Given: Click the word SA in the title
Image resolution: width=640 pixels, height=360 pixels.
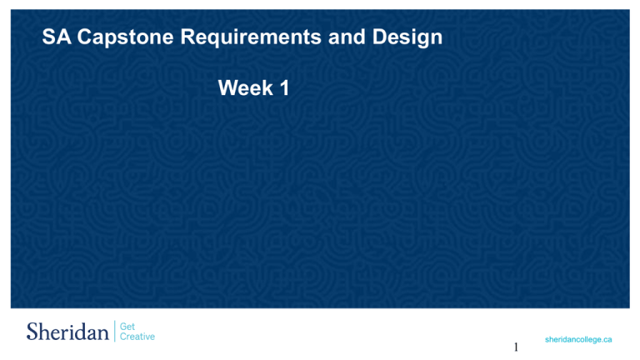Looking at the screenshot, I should click(56, 38).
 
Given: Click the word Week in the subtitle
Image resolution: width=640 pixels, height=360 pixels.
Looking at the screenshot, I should click(244, 87).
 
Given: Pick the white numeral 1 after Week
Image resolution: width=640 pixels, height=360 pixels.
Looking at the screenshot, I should click(284, 87).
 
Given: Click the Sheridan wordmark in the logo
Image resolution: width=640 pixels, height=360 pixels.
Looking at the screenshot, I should click(67, 332).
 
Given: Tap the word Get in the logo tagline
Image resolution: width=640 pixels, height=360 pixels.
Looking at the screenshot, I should click(128, 327).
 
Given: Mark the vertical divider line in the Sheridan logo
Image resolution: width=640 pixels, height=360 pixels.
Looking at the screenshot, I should click(115, 332).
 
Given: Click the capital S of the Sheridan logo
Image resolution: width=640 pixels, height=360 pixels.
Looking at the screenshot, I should click(32, 332).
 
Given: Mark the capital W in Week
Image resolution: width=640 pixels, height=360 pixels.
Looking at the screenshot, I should click(227, 87).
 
